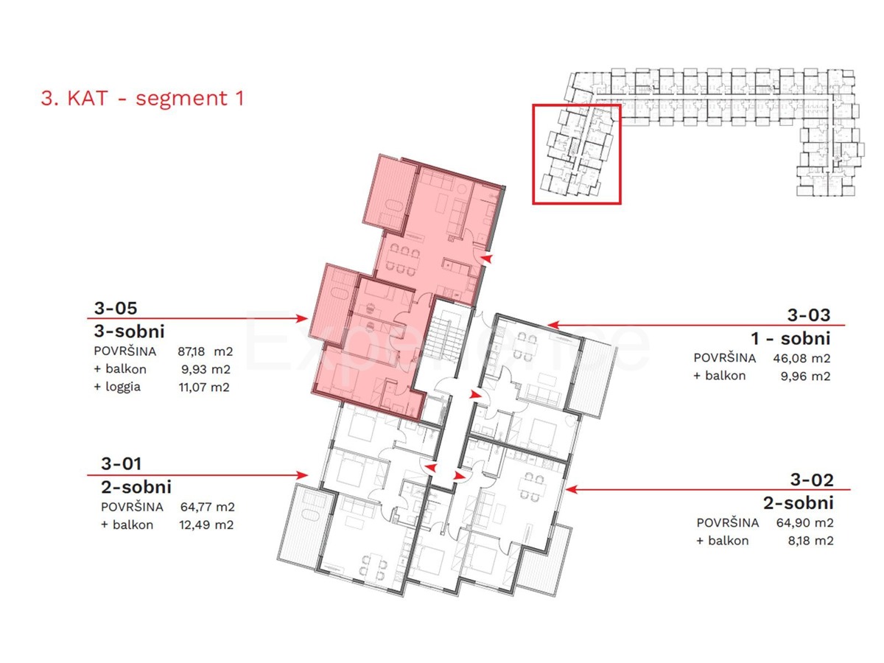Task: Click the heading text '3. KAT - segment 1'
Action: click(x=142, y=99)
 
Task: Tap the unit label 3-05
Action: click(x=116, y=308)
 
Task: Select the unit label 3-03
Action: click(x=809, y=315)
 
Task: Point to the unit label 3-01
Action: click(x=121, y=464)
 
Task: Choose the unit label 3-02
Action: click(x=812, y=480)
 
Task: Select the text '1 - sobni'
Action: click(x=790, y=339)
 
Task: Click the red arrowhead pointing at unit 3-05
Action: click(x=302, y=318)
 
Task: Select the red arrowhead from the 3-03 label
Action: click(x=552, y=323)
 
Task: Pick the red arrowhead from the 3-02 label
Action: click(x=570, y=488)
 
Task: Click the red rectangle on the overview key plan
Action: click(x=577, y=153)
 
